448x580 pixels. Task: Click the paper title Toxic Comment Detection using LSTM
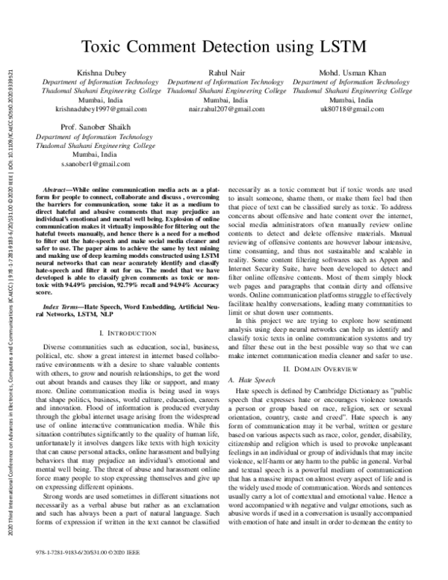224,46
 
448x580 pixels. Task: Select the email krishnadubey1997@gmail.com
90,108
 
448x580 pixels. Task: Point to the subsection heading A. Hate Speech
255,380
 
